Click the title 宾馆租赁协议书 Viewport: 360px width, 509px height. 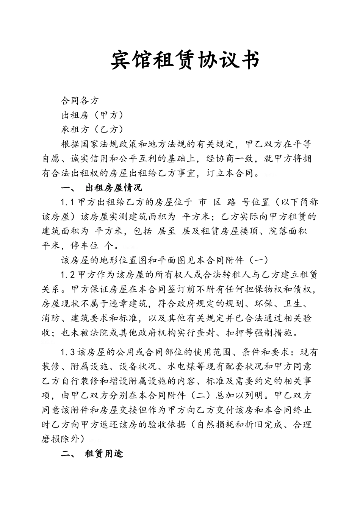(185, 60)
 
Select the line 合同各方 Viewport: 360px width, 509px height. (80, 101)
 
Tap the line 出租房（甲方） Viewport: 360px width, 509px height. (92, 115)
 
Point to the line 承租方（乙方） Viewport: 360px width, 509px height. (92, 130)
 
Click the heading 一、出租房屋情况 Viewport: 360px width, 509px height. (101, 187)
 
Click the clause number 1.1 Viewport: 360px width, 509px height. (68, 202)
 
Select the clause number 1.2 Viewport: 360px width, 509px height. (68, 275)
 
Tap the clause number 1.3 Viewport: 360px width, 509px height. (68, 353)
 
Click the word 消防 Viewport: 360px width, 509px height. (51, 318)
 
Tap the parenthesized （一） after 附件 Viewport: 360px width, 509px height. (258, 260)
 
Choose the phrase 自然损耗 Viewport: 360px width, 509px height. (215, 425)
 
